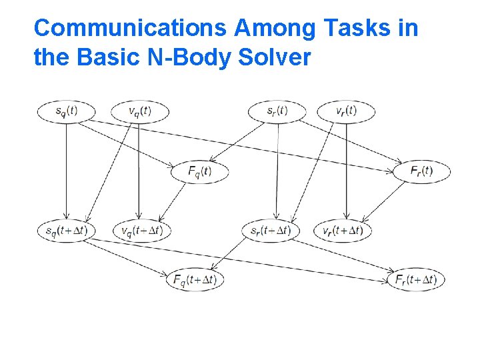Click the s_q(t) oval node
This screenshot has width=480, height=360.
tap(66, 111)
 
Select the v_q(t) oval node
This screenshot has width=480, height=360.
tap(139, 111)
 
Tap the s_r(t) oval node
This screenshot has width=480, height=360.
tap(277, 111)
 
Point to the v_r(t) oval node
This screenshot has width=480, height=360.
tap(345, 111)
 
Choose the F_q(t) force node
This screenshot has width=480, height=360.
tap(199, 171)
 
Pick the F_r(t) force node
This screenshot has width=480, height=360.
tap(421, 171)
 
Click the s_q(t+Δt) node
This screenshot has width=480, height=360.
tap(66, 231)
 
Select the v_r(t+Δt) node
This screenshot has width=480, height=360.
tap(342, 231)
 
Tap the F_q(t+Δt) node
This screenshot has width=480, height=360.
tap(195, 280)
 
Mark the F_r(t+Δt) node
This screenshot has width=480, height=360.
tap(416, 280)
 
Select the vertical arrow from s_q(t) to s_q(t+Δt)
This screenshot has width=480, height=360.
tap(66, 170)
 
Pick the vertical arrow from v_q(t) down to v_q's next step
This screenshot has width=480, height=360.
tap(138, 170)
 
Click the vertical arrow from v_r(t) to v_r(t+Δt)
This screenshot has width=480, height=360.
tap(345, 170)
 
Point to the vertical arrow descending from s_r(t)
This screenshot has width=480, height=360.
tap(277, 170)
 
